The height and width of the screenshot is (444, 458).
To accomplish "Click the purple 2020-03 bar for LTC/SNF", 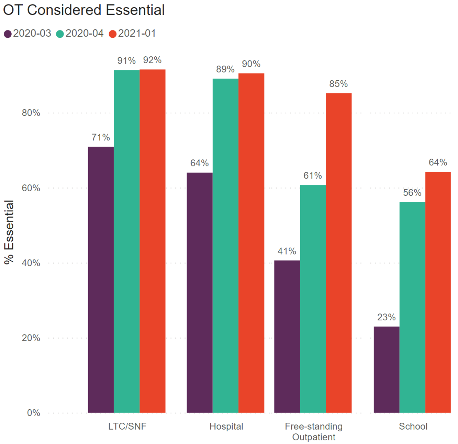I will coord(101,280).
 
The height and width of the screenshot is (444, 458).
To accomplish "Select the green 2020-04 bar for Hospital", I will coord(225,246).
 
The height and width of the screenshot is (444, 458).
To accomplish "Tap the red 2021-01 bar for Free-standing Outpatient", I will coord(338,253).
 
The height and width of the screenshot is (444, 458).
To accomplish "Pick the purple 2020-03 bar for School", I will coord(387,369).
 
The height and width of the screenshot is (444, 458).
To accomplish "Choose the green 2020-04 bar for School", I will coord(412,307).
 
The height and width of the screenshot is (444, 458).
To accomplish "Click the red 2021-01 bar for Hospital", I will coord(251,243).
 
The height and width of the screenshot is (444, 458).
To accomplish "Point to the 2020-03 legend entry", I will coord(27,33).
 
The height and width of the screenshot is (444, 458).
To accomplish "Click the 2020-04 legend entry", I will coord(80,33).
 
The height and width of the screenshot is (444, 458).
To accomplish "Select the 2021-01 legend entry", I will coord(133,33).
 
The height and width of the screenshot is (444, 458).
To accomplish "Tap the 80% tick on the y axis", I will coord(31,113).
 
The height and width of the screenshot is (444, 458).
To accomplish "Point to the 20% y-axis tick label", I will coord(31,338).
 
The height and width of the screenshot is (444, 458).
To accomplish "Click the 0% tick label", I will coord(33,413).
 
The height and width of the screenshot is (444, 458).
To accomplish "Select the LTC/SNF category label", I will coord(127,426).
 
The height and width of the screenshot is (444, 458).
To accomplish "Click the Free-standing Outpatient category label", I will coord(314,432).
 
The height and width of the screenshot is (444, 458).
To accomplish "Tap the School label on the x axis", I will coord(413,426).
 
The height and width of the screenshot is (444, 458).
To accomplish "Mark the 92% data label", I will coord(152,60).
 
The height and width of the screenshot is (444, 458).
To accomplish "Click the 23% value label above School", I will coord(387,317).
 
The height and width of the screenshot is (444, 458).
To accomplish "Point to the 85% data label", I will coord(338,84).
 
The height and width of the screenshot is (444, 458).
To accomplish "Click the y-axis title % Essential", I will coord(9,232).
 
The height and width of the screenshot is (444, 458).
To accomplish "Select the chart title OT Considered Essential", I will coord(84,10).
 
